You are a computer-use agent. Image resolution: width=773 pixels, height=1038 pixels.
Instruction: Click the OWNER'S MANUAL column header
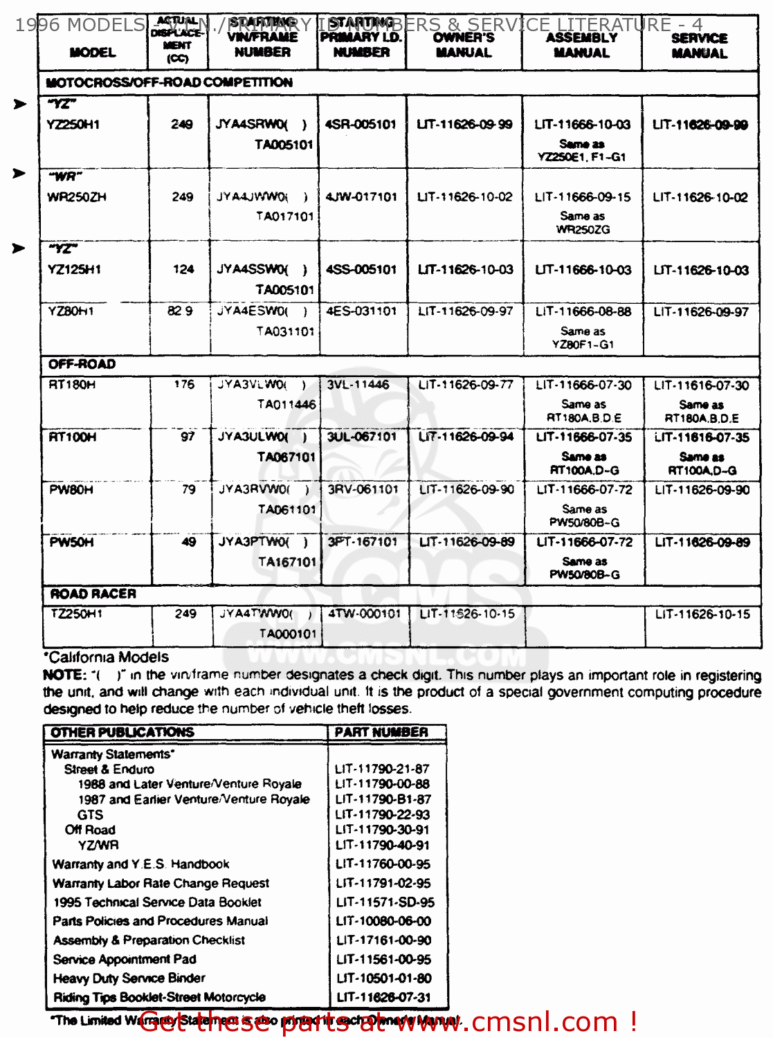click(464, 45)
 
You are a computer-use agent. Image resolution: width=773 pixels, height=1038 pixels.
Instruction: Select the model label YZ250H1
click(73, 125)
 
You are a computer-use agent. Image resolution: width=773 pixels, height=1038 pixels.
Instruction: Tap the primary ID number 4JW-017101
click(361, 197)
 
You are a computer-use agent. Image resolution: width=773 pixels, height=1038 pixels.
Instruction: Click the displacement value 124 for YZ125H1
click(183, 269)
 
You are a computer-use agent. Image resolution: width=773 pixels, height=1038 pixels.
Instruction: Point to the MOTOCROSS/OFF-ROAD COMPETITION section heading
click(169, 82)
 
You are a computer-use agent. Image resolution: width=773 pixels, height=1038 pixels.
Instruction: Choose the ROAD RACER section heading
click(93, 594)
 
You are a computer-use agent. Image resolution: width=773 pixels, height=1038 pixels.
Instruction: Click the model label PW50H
click(71, 542)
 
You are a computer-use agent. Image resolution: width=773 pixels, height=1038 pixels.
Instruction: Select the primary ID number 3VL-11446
click(358, 385)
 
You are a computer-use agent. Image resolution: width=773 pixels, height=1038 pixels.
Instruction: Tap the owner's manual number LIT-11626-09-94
click(466, 437)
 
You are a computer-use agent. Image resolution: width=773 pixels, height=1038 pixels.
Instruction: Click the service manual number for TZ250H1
click(702, 614)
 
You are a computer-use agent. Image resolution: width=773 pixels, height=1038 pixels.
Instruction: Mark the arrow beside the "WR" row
click(19, 173)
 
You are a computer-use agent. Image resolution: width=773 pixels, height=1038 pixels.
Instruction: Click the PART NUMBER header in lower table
click(381, 732)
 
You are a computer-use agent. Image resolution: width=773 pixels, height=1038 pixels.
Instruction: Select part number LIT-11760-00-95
click(383, 864)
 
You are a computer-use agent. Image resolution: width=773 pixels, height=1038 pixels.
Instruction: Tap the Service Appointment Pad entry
click(125, 960)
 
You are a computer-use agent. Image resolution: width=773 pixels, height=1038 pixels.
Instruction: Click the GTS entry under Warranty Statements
click(91, 815)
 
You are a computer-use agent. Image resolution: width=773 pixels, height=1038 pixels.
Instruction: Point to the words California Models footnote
click(107, 657)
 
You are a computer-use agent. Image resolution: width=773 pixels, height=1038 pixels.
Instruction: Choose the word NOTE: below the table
click(64, 675)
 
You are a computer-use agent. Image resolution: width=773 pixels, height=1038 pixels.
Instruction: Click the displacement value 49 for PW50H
click(189, 542)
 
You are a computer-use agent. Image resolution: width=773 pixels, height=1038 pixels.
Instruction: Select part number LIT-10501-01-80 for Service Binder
click(384, 978)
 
